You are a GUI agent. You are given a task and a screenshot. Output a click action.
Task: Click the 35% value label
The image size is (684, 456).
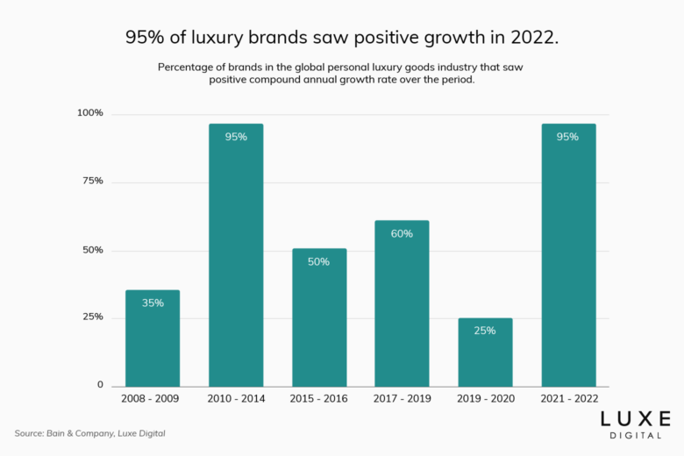click(x=153, y=303)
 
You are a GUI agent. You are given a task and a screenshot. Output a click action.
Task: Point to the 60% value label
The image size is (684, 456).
click(x=402, y=233)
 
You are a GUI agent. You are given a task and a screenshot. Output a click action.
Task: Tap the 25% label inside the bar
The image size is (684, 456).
click(x=485, y=331)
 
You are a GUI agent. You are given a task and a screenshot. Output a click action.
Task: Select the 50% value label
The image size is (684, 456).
click(x=319, y=261)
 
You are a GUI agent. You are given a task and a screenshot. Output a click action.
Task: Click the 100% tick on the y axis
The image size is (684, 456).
click(x=90, y=113)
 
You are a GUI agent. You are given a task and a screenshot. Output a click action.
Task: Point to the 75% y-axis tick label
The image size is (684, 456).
click(x=93, y=181)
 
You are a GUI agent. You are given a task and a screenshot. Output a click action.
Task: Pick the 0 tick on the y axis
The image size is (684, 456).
click(x=100, y=385)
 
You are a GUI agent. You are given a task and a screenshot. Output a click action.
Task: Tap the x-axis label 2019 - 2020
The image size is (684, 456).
click(x=485, y=399)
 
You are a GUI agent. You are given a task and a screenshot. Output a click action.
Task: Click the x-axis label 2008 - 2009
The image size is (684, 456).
click(x=153, y=399)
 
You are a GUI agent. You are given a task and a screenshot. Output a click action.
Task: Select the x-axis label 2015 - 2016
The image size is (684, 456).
click(x=319, y=399)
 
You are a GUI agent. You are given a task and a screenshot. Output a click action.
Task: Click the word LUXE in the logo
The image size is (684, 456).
click(x=637, y=418)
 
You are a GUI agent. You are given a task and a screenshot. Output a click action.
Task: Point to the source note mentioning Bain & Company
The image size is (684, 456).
click(x=89, y=433)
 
